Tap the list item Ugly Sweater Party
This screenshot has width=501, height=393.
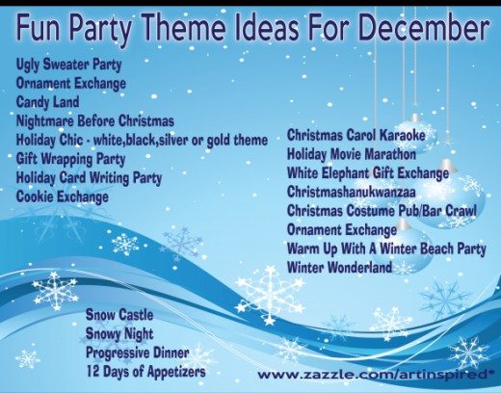[68, 65]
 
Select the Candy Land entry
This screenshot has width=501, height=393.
[47, 102]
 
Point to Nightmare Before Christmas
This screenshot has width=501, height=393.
[95, 121]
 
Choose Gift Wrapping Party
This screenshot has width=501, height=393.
[70, 159]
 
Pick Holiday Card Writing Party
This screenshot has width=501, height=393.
[89, 178]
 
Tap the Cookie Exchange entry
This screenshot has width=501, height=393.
[63, 196]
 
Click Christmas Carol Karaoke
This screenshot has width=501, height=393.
[356, 135]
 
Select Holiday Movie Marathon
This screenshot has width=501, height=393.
[352, 154]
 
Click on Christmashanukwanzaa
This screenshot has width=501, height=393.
[352, 192]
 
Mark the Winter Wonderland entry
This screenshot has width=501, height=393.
[339, 267]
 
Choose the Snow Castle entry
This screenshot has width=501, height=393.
[119, 315]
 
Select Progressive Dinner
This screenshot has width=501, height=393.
[137, 353]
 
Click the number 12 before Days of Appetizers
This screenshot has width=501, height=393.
[92, 372]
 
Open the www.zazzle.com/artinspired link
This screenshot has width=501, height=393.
[374, 375]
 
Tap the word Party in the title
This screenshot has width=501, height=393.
[100, 28]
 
